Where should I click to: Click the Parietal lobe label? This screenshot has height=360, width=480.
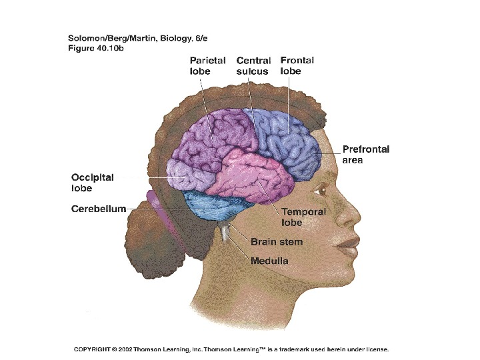(207, 65)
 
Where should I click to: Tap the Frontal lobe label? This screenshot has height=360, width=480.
(297, 65)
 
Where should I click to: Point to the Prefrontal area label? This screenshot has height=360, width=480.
(365, 155)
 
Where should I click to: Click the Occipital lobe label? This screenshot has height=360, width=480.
(93, 183)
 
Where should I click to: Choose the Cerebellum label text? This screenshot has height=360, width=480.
(99, 209)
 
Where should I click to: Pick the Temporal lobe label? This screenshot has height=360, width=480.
(303, 217)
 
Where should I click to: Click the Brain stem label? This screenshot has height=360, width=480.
(276, 242)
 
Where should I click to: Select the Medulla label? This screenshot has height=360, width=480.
(269, 261)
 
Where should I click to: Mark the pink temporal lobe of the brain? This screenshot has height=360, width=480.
(253, 173)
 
